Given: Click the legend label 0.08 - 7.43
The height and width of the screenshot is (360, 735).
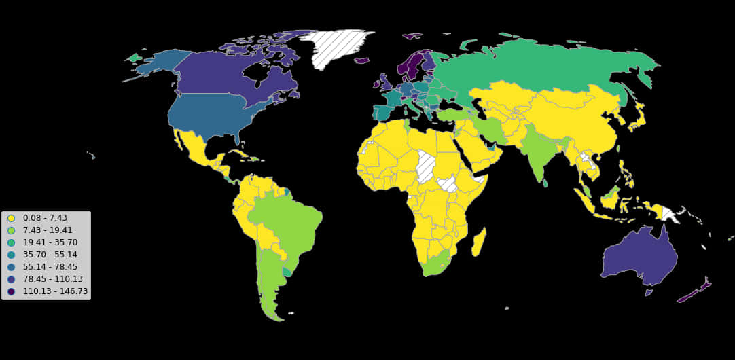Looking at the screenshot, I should [45, 218].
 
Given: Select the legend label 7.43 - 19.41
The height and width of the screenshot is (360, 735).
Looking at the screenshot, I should [48, 230].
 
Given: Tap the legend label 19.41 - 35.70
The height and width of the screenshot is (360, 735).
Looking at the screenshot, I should [50, 242].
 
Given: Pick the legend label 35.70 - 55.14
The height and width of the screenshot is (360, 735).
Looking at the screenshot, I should [50, 255].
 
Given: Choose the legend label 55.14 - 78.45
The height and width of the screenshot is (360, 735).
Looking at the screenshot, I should [50, 267].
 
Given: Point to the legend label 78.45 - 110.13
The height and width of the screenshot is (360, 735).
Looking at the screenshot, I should [52, 279].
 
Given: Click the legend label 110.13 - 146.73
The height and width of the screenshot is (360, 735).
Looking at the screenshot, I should [55, 291].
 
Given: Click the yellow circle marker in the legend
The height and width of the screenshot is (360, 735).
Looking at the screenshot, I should [11, 218].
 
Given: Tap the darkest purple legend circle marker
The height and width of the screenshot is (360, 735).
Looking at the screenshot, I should [11, 291].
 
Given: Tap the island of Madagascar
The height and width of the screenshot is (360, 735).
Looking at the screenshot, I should [479, 242].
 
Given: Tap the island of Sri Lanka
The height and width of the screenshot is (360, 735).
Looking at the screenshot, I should [545, 182].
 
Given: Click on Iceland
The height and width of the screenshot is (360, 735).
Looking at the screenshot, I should [361, 60].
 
